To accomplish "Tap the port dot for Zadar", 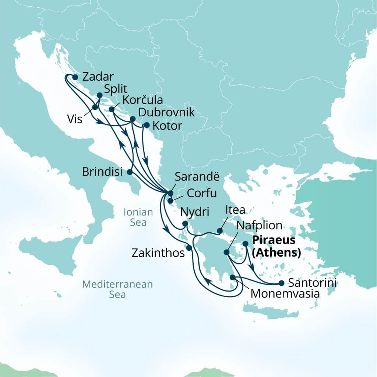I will pyautogui.click(x=75, y=77).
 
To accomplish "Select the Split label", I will pyautogui.click(x=115, y=89).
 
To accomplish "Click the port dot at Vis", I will pyautogui.click(x=95, y=107).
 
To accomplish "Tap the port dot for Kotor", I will pyautogui.click(x=146, y=125).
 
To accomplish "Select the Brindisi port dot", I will pyautogui.click(x=130, y=172).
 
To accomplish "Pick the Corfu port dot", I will pyautogui.click(x=170, y=201).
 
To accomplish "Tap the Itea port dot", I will pyautogui.click(x=219, y=231).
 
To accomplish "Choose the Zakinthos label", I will pyautogui.click(x=158, y=253).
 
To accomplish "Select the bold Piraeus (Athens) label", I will pyautogui.click(x=276, y=247).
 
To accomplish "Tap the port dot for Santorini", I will pyautogui.click(x=281, y=283).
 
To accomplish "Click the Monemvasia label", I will pyautogui.click(x=285, y=294).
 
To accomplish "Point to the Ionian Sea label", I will pyautogui.click(x=138, y=217).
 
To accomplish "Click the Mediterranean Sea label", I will pyautogui.click(x=117, y=289).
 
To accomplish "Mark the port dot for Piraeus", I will pyautogui.click(x=246, y=243).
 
